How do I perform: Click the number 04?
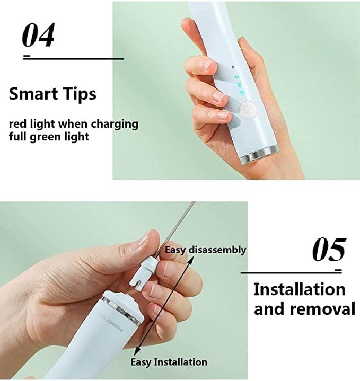tap(38, 35)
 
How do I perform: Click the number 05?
tap(329, 249)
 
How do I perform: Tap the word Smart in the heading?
tap(29, 94)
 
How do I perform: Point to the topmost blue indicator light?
tap(233, 67)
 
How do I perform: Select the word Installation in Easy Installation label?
tap(181, 362)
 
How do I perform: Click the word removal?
tap(323, 309)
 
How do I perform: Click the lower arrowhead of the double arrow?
tap(137, 351)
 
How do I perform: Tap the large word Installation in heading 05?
tap(300, 290)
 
